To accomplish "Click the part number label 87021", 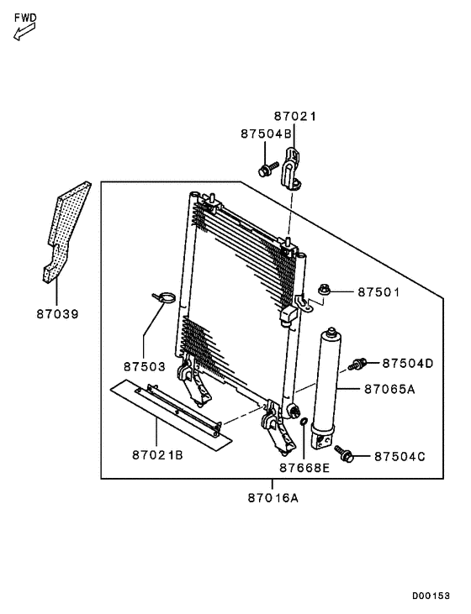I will [294, 118].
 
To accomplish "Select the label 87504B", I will [266, 134].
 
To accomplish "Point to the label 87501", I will [378, 292].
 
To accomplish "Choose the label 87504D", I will [407, 363].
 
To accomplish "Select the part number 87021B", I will [157, 454].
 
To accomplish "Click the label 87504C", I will [400, 456].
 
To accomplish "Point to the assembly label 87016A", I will [273, 497].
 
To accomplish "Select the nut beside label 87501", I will [325, 291].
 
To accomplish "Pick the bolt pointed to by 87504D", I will [357, 365].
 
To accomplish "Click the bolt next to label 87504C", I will [345, 454].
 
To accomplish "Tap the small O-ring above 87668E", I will [303, 422].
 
